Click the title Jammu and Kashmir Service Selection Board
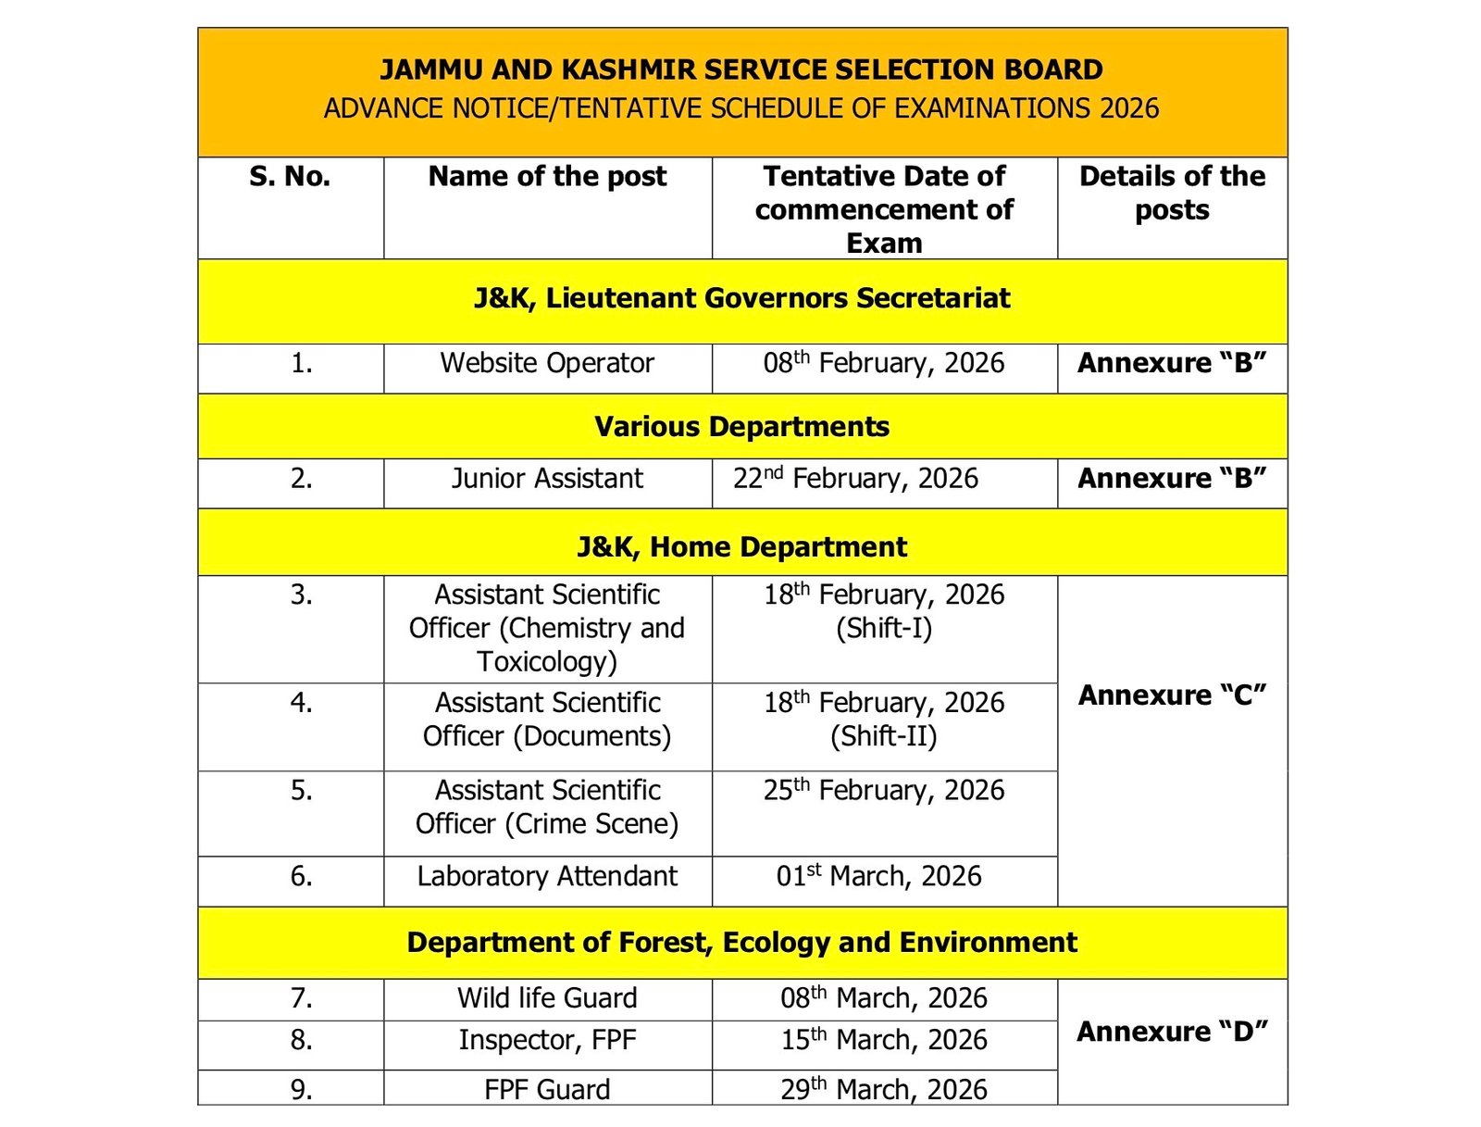click(x=741, y=70)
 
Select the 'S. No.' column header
click(x=290, y=177)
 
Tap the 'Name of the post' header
click(x=547, y=177)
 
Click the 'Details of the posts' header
click(x=1172, y=193)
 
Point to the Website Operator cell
click(x=547, y=363)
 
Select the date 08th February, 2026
click(x=884, y=363)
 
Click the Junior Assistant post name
click(x=547, y=479)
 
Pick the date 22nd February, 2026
click(x=856, y=479)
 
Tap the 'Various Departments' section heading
click(x=741, y=427)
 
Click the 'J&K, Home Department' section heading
click(x=741, y=547)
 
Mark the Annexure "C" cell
click(x=1172, y=695)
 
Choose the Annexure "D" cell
click(x=1172, y=1032)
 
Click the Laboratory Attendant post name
click(x=547, y=876)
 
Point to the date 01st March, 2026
click(x=879, y=876)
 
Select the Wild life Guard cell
click(x=547, y=998)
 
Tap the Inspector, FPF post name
click(x=547, y=1040)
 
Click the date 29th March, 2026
click(x=884, y=1089)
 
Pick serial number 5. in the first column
click(x=302, y=791)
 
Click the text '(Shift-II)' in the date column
click(x=884, y=736)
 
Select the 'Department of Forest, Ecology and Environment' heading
click(x=741, y=943)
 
